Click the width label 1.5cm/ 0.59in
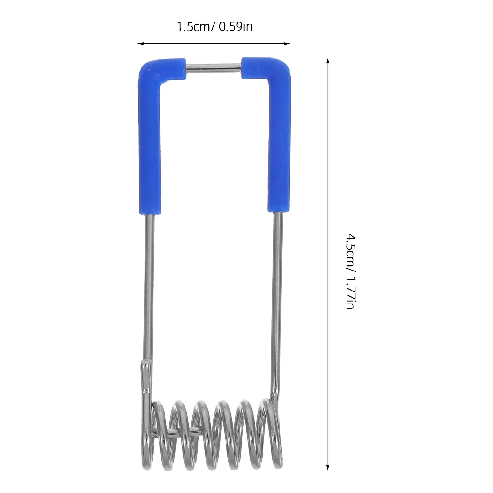(x=214, y=27)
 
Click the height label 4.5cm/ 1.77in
(x=351, y=271)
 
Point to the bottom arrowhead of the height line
(x=328, y=476)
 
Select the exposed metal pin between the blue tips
(x=214, y=67)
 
